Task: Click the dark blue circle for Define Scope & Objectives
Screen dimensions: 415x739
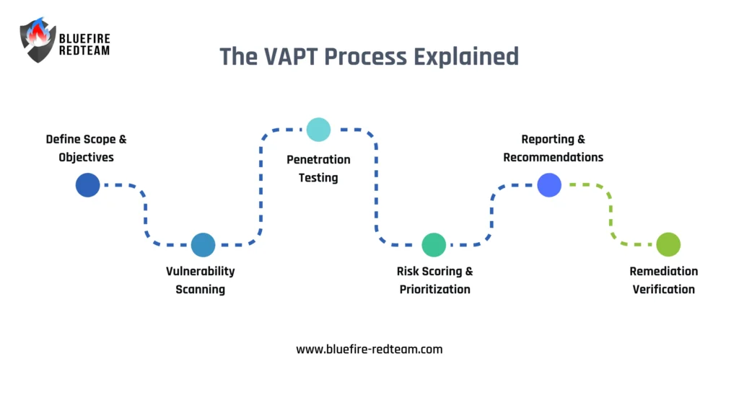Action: pos(87,185)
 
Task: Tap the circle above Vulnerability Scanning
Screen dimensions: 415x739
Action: pos(203,245)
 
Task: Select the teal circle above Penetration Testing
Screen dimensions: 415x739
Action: pos(318,130)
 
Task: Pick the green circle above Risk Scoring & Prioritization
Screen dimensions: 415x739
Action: pos(434,245)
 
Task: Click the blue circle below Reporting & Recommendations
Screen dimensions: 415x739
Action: pos(549,185)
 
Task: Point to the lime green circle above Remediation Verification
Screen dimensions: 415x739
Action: pos(668,245)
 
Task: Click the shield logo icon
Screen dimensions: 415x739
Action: pos(38,40)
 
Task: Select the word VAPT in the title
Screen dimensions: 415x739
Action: pos(284,56)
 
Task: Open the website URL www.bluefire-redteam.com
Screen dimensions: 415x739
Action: pos(369,349)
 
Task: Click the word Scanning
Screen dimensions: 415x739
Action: pos(201,290)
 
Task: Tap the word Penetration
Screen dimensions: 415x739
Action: pos(318,160)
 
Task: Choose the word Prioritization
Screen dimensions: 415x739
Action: pos(434,290)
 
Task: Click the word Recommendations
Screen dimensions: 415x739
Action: pos(554,157)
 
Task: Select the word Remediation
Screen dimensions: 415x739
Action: pos(664,272)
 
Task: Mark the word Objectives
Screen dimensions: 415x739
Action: pos(87,157)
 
